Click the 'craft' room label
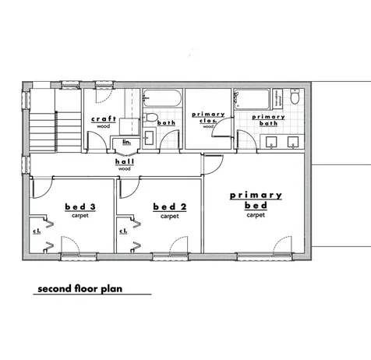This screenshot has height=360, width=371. click(104, 118)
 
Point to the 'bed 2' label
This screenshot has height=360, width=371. click(168, 206)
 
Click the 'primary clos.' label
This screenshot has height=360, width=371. click(209, 117)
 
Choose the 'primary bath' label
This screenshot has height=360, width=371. click(256, 118)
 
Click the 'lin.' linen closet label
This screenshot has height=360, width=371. click(126, 141)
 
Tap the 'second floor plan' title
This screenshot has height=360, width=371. click(82, 289)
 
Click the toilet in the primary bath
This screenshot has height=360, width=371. click(294, 100)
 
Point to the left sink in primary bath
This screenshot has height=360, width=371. click(273, 141)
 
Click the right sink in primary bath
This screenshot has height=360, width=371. click(293, 141)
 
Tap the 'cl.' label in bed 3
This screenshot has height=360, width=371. click(37, 231)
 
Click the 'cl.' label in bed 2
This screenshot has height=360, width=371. click(123, 231)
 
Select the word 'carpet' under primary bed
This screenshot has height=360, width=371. click(255, 215)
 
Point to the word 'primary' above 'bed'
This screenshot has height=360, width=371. click(256, 195)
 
